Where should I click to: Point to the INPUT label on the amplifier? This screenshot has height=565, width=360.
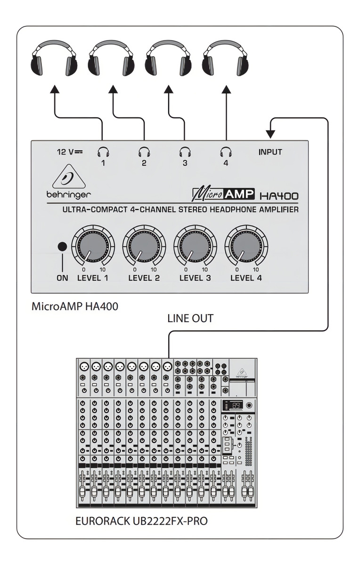coord(270,152)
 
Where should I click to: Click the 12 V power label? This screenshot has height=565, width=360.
coord(69,152)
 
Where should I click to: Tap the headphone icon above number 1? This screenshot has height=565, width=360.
coord(102,152)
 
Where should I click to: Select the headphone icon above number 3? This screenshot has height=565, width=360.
coord(185,152)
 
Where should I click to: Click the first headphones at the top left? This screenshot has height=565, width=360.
coord(54,57)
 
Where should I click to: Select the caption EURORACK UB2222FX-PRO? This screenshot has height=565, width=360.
coord(141,522)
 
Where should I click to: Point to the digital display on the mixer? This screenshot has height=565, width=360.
coord(237,405)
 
